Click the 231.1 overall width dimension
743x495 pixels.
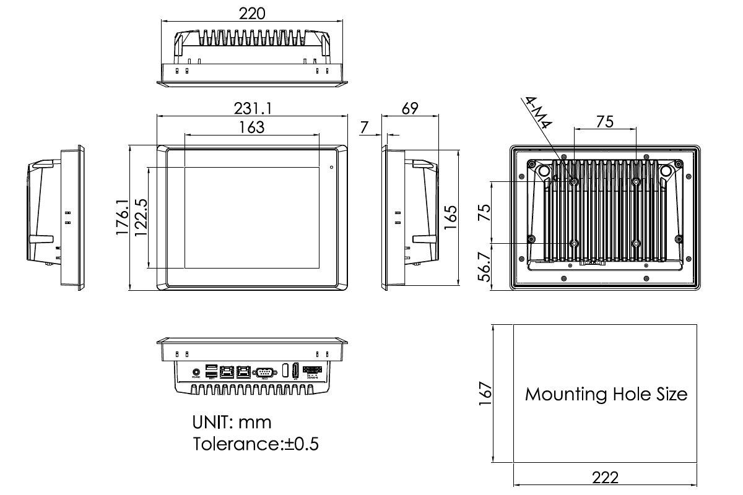point(253,108)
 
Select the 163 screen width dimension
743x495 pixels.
point(252,127)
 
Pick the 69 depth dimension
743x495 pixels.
point(410,108)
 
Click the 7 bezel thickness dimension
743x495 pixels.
point(365,127)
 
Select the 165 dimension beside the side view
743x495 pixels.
point(451,218)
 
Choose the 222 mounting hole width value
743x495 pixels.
point(605,478)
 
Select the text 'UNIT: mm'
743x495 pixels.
point(232,423)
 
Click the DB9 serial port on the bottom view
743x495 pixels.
point(264,371)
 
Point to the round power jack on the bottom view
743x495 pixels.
point(196,371)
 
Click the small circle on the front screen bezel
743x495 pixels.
point(331,167)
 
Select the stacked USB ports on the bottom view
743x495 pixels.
point(211,371)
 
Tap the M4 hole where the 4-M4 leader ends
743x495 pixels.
point(575,181)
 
